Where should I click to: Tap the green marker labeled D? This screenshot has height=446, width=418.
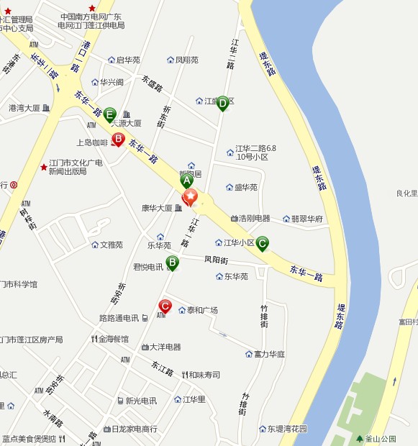click(222, 104)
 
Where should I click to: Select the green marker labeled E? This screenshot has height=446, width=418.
click(109, 114)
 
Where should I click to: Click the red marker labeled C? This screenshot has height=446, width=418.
click(165, 306)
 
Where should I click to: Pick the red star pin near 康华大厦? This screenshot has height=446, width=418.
click(190, 196)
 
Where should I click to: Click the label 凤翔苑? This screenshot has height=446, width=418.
click(186, 60)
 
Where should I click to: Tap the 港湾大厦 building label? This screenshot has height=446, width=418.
click(24, 108)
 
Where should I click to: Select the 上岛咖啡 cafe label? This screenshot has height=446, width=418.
click(92, 142)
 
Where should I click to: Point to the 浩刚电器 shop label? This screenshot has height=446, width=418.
click(255, 218)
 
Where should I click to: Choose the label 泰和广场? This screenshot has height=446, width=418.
click(202, 310)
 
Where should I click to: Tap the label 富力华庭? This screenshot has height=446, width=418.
click(269, 354)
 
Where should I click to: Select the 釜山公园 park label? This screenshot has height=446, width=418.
click(378, 439)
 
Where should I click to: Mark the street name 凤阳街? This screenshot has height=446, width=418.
click(216, 260)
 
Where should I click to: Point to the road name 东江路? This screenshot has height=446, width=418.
click(162, 368)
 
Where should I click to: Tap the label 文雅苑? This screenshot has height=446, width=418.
click(111, 245)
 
